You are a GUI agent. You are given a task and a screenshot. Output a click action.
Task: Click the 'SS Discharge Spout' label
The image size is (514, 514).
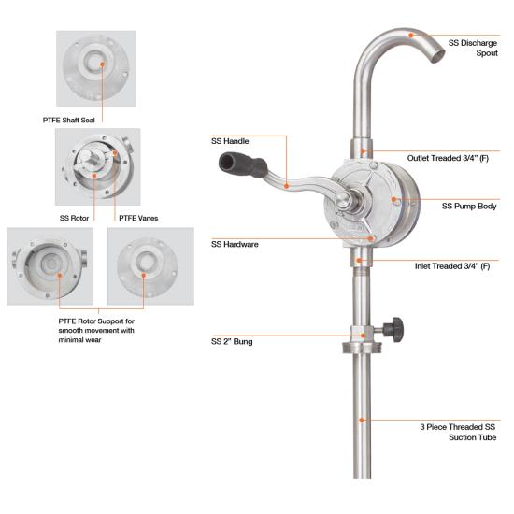click(473, 48)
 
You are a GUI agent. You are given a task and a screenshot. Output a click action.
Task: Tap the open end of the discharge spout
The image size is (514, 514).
click(437, 56)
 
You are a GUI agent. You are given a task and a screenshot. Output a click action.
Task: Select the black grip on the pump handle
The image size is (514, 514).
click(242, 164)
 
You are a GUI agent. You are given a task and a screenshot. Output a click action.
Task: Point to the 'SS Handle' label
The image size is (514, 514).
click(230, 141)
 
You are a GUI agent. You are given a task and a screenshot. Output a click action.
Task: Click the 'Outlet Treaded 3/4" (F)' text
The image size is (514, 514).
click(448, 158)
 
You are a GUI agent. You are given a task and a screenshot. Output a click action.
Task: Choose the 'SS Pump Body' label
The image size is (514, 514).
click(469, 207)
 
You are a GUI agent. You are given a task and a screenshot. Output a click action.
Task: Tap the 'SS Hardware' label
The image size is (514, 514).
click(235, 244)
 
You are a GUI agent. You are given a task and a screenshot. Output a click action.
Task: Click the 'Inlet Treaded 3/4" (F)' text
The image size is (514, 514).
click(452, 266)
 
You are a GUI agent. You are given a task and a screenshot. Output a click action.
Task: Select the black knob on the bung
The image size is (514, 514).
click(395, 329)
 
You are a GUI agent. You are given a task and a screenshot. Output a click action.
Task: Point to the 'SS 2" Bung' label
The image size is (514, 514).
click(232, 341)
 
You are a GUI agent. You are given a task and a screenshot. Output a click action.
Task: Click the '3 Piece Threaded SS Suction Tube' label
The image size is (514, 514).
click(458, 432)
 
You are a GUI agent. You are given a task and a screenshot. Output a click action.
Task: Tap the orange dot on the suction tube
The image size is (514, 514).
click(362, 421)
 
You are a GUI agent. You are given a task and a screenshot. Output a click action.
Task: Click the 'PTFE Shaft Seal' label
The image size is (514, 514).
click(69, 121)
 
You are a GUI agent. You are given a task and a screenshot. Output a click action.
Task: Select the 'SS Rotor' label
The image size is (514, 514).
click(74, 218)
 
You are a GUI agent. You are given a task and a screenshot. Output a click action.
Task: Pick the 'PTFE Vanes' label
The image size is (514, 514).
click(138, 218)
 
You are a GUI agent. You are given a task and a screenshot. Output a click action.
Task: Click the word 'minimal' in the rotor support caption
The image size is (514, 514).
click(71, 340)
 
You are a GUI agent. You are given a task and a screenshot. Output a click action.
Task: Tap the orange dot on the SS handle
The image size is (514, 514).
click(286, 186)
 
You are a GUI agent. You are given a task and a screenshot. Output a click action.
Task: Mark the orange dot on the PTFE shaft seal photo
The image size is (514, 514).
click(102, 64)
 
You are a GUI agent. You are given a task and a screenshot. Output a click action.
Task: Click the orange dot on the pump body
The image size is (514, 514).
click(394, 199)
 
